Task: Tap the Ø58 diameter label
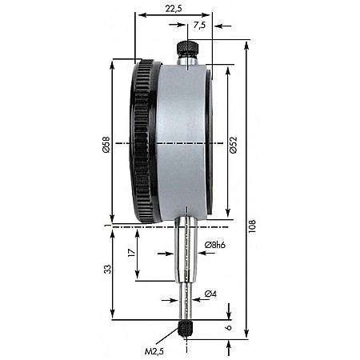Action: [106, 146]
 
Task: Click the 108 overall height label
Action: [254, 228]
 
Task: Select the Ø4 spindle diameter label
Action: [210, 294]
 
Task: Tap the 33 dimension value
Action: [106, 270]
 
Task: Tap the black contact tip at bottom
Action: [187, 328]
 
